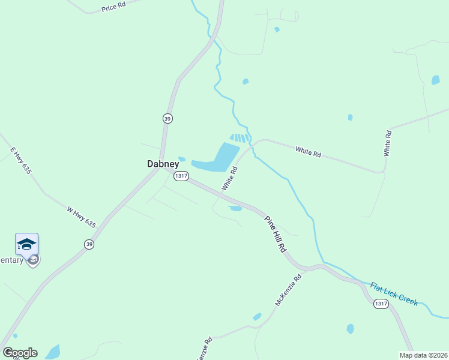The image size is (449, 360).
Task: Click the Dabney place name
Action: click(163, 163)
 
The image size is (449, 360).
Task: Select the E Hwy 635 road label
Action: click(20, 161)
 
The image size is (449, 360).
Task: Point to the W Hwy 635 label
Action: click(81, 217)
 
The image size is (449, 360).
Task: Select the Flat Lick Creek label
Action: click(394, 293)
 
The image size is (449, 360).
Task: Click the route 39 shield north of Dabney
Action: click(167, 119)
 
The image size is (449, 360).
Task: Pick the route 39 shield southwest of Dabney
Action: click(89, 244)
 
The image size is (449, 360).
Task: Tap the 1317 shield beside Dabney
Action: click(181, 176)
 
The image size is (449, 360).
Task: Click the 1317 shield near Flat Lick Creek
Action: click(381, 304)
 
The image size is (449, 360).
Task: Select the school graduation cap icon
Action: click(26, 244)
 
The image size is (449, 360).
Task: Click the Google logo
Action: click(20, 353)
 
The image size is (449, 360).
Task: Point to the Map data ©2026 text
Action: click(423, 355)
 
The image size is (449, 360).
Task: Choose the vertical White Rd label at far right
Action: click(387, 143)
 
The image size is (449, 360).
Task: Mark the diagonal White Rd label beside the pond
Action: click(230, 178)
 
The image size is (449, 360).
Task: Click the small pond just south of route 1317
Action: click(235, 209)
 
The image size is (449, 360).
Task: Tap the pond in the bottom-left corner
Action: click(53, 352)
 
